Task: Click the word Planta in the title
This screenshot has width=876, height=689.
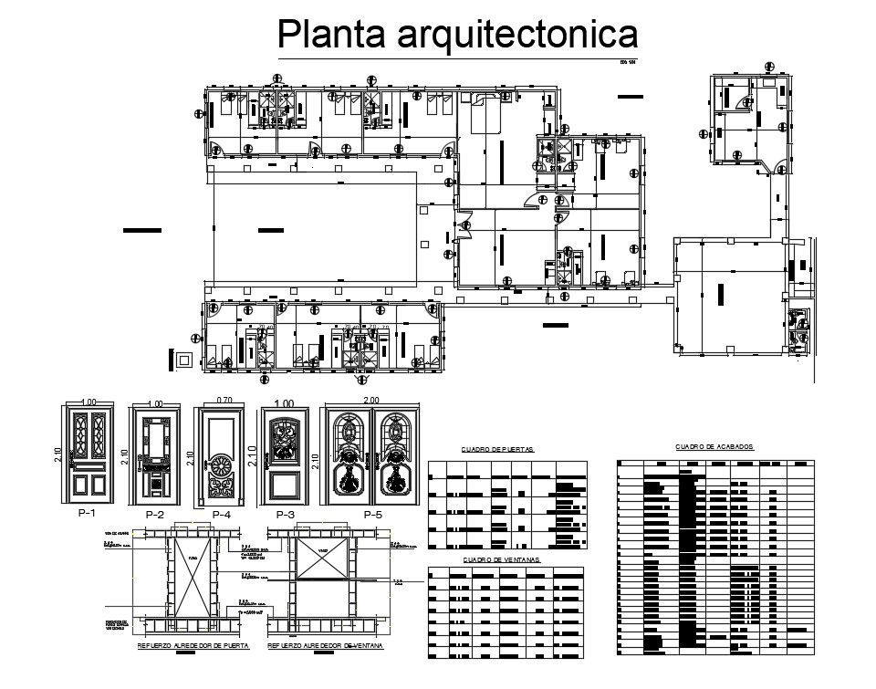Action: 333,35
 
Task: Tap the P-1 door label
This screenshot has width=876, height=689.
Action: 89,514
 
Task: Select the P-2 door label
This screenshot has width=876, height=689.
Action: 155,516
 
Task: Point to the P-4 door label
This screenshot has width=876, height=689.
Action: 222,516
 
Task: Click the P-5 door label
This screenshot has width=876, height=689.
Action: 372,516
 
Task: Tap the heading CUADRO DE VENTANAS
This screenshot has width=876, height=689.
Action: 501,559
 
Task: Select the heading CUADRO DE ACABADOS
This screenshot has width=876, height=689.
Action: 714,447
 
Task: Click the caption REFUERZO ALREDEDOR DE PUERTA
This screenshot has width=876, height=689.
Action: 193,646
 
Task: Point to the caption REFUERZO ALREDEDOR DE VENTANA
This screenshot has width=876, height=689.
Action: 326,646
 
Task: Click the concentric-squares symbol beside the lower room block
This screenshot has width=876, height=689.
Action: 185,360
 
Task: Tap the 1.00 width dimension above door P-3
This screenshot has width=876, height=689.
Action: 286,403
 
